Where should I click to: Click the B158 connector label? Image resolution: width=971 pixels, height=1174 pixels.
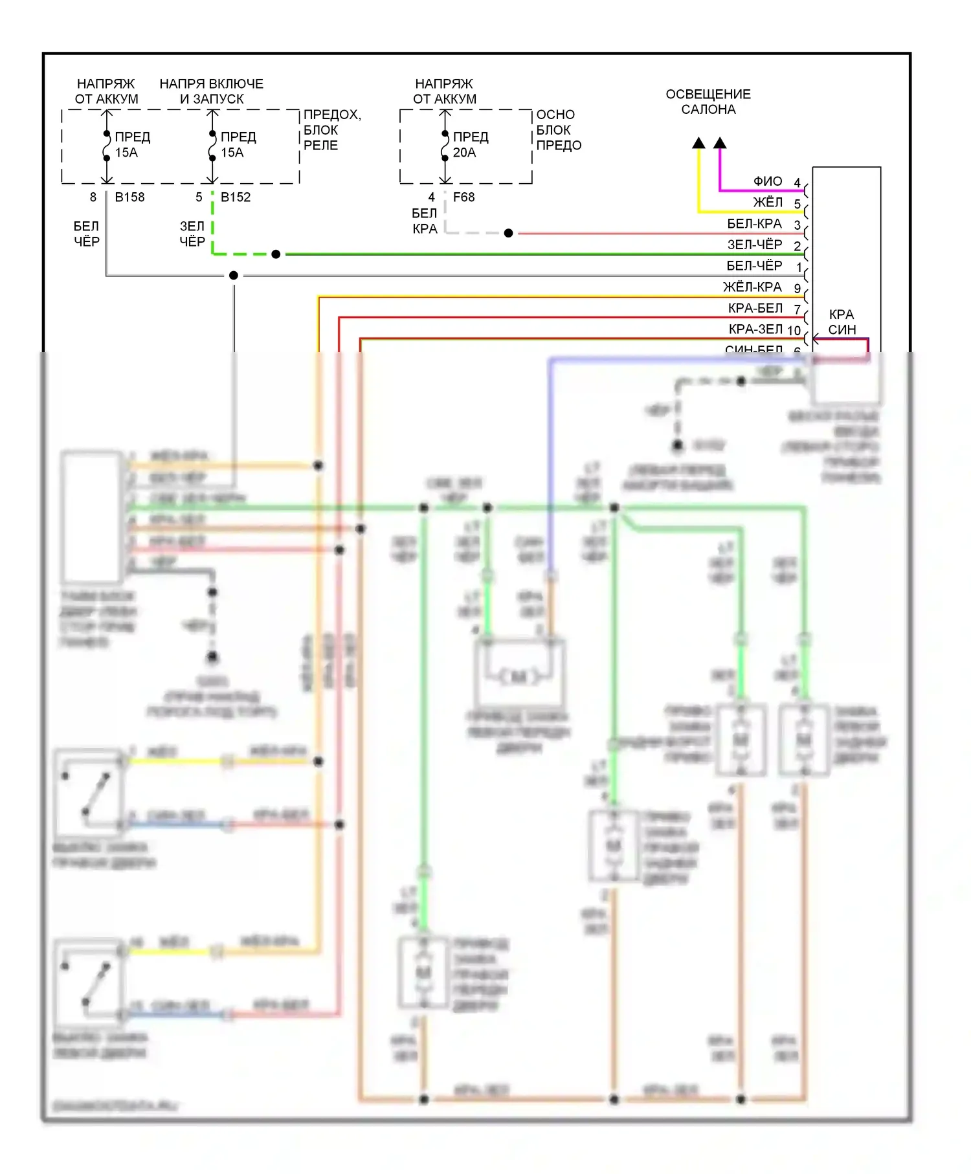pos(129,197)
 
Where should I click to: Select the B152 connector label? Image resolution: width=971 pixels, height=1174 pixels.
pos(236,197)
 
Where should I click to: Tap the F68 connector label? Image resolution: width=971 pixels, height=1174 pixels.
pos(463,197)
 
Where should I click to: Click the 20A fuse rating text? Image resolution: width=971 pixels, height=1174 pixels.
pos(464,153)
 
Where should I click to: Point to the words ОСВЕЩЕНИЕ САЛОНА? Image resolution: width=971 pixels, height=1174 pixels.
pos(708,102)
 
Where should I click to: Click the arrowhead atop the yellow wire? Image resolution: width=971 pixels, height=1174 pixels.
pos(698,143)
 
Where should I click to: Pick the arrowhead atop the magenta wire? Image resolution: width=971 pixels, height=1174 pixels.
pos(720,143)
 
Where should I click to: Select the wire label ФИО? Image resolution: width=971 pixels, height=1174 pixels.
pos(768,182)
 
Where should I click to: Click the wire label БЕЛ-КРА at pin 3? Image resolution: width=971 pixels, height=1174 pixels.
pos(754,224)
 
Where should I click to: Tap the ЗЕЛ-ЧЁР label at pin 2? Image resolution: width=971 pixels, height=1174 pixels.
pos(755,245)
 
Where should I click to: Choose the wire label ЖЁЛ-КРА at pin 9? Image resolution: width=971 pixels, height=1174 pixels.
pos(752,287)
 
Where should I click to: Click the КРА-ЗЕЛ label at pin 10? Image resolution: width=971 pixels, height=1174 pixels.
pos(755,329)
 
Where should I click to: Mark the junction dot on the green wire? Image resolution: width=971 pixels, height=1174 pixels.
pos(276,254)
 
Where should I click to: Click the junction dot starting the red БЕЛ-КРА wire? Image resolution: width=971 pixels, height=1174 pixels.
pos(509,233)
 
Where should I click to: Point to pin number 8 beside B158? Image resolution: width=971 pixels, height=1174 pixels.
pos(93,197)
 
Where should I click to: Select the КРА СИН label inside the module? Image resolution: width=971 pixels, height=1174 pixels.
pos(842,322)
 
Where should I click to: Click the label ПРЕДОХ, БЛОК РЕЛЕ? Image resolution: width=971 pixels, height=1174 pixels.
pos(332,130)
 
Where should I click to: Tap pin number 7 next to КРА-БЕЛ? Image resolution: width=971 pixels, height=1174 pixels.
pos(798,310)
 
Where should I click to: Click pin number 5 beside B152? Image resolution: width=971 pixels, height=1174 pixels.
pos(199,197)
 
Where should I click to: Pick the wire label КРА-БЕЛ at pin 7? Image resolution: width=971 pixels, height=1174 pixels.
pos(755,308)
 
